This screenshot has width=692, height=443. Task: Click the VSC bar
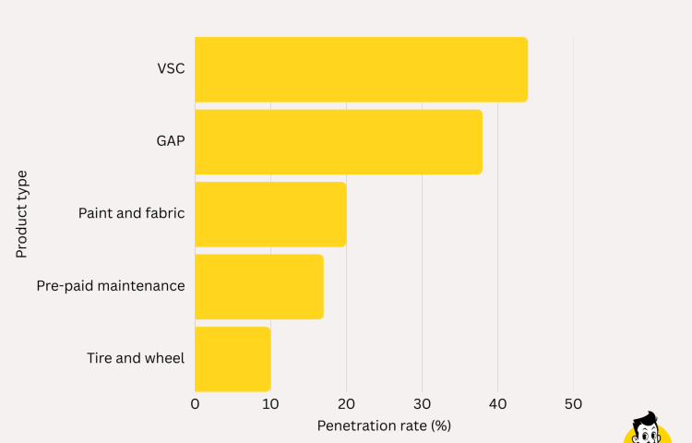361,69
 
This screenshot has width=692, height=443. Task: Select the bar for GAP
339,141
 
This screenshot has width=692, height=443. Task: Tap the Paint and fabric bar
270,214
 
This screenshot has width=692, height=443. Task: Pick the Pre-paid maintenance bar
259,286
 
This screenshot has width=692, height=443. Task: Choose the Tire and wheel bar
233,358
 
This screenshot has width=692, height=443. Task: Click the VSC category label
171,68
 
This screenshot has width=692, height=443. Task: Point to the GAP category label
170,141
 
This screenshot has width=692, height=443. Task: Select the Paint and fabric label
131,213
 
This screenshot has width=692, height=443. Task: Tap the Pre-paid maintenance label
111,286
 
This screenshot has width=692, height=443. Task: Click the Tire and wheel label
136,358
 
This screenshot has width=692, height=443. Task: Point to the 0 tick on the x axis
195,403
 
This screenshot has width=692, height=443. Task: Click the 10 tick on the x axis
270,403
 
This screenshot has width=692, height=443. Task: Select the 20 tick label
346,403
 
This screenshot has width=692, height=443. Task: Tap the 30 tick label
422,403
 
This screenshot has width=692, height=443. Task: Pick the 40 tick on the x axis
497,403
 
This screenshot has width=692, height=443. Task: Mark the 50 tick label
573,403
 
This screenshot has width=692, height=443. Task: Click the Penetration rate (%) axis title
384,425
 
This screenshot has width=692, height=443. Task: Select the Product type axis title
21,214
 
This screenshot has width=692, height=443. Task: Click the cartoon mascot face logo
648,428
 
